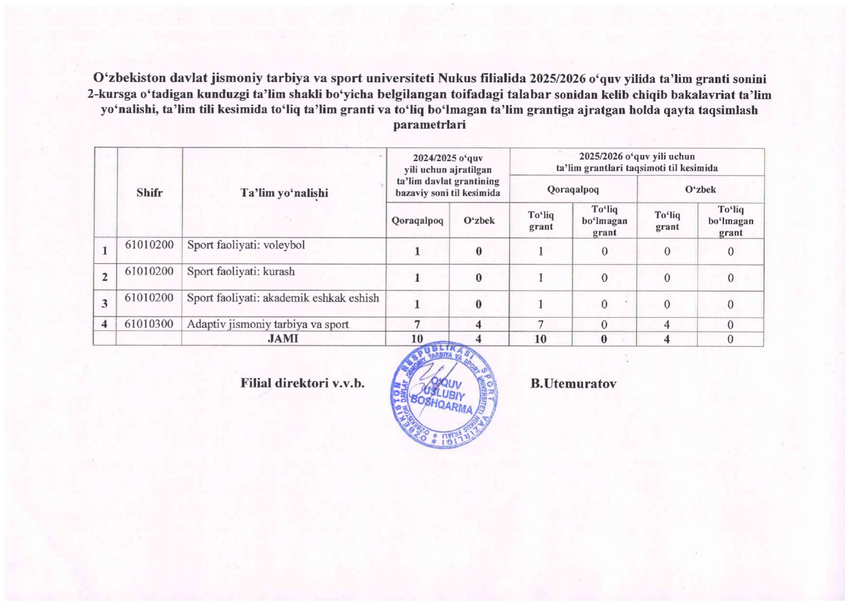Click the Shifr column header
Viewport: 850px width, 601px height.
pos(149,193)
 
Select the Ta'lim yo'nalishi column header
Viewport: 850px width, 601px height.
pos(284,193)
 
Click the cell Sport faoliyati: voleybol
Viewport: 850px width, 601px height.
pos(246,245)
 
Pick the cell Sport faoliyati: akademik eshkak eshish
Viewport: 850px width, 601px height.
pos(283,298)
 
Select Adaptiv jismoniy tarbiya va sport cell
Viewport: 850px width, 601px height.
pos(267,324)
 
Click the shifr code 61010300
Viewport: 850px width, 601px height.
pos(149,324)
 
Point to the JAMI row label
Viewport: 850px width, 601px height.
pos(283,339)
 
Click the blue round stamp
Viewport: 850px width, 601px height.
pos(444,395)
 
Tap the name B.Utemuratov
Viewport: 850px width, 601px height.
pos(573,384)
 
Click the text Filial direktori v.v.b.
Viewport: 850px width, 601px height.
pos(302,383)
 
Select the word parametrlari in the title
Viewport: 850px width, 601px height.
pos(429,125)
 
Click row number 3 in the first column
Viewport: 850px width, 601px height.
pos(105,304)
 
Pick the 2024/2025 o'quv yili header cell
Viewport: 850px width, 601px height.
pos(448,175)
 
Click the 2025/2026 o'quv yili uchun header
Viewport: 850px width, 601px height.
pos(636,162)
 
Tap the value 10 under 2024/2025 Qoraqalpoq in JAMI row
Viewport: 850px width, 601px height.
pos(417,339)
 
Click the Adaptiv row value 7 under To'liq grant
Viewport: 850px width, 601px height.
pos(541,324)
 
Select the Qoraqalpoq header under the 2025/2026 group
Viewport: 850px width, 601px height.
pos(572,189)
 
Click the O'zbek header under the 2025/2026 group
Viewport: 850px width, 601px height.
pos(700,189)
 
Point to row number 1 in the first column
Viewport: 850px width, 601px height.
pos(105,251)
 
